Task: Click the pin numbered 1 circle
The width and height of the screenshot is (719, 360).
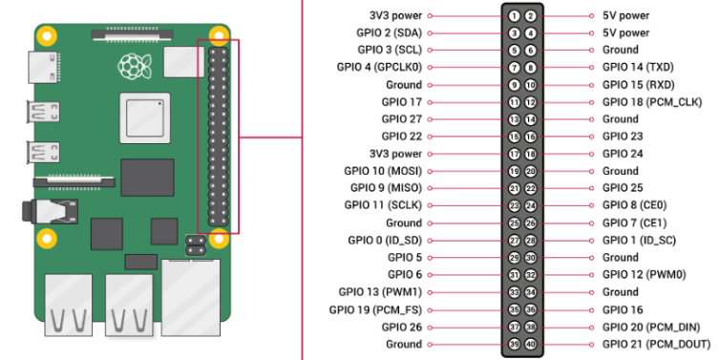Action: point(514,16)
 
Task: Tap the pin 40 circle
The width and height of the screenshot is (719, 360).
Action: point(531,345)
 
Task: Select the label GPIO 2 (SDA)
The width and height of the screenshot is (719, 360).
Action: point(389,33)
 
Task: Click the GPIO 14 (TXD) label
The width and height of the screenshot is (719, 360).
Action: point(638,68)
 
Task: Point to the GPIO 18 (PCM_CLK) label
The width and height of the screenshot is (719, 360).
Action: point(652,102)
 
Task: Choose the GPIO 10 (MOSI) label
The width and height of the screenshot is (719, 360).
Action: point(383,171)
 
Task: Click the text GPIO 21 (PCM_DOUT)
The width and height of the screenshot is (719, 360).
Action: point(656,344)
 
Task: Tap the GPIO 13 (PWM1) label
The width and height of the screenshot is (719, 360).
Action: point(380,292)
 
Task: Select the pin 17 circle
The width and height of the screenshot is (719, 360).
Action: point(514,154)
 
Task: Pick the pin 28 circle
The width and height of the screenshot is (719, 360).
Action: point(531,241)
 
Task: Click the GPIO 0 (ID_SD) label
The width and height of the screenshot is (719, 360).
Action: point(384,241)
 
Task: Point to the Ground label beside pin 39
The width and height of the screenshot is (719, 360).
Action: point(404,344)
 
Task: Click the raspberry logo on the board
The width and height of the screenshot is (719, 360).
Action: point(135,66)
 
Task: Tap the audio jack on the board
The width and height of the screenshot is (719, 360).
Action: point(51,211)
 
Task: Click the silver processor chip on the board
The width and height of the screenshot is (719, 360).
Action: point(145,118)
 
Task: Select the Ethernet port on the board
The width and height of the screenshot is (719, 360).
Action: point(191,297)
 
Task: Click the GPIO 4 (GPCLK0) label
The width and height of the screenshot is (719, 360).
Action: point(379,68)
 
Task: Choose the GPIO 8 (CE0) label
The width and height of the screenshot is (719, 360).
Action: point(635,205)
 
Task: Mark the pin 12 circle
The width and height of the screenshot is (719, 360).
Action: point(531,102)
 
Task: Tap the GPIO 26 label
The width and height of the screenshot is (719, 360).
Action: point(401,327)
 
